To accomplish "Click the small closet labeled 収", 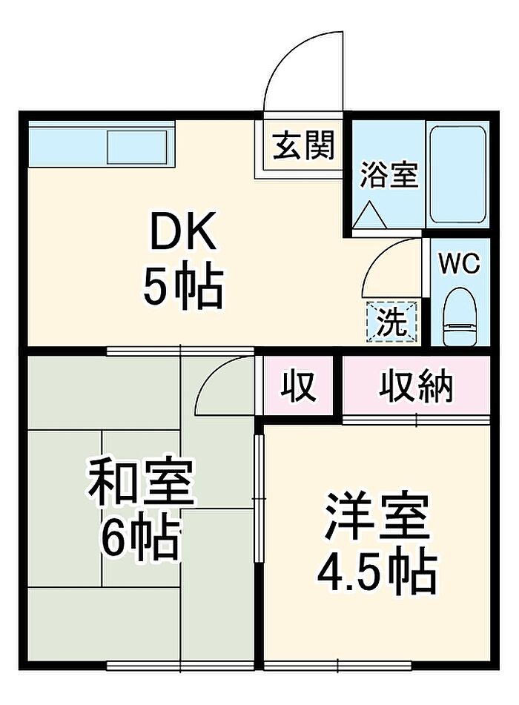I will pos(298,387).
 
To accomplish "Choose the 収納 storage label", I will pos(416,386).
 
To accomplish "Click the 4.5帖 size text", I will pos(377,571).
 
